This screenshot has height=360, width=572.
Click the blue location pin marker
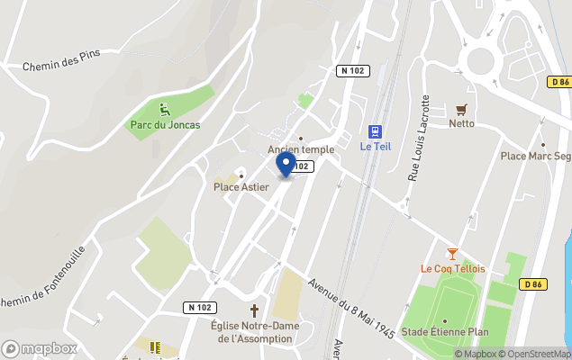point(286,164)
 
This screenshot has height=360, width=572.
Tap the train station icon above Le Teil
point(375,131)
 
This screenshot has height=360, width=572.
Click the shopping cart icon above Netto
point(462,110)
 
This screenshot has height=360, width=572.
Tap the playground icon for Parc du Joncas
point(164,110)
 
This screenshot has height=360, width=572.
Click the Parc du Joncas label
point(165,125)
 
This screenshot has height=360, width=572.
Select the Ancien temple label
point(301,149)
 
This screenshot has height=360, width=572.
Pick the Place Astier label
point(241,187)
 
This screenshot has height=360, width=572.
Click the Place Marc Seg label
point(535,156)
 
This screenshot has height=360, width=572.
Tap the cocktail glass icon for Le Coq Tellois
point(452,254)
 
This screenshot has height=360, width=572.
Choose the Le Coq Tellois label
point(452,268)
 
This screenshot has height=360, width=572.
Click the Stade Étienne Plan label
point(445,332)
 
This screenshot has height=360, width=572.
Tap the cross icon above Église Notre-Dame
point(253,310)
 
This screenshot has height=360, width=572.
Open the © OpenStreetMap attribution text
point(536,354)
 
